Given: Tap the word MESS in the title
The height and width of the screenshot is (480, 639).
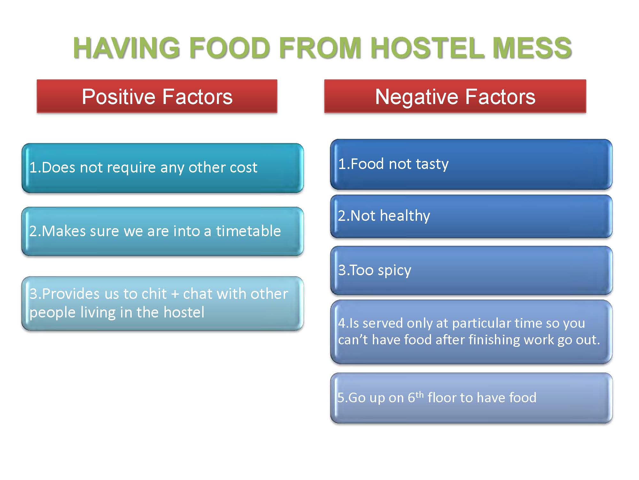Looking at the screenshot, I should pyautogui.click(x=532, y=48).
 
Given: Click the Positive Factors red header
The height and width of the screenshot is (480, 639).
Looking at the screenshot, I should pyautogui.click(x=157, y=96).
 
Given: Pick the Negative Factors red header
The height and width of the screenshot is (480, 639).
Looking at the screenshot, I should pyautogui.click(x=455, y=96).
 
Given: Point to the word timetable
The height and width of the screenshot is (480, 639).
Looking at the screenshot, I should pyautogui.click(x=248, y=231).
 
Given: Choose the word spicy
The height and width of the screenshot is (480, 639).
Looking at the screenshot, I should pyautogui.click(x=394, y=271).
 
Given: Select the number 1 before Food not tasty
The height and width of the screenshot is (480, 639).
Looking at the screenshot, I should pyautogui.click(x=342, y=164).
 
